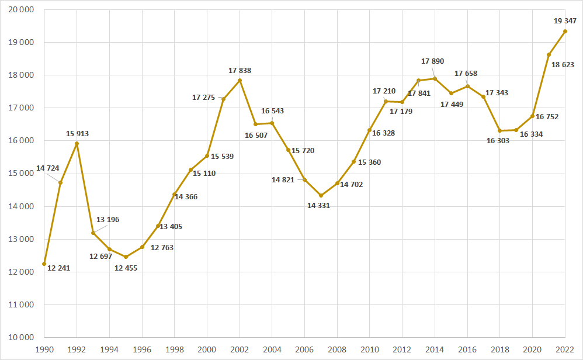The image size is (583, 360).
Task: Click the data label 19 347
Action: click(565, 21)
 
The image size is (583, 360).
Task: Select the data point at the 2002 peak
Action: click(240, 81)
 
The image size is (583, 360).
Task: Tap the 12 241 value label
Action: click(58, 268)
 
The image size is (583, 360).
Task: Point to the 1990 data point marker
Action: click(44, 264)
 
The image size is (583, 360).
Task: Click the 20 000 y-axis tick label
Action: click(19, 10)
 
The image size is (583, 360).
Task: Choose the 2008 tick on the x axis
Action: click(337, 349)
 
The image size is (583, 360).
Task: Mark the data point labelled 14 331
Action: click(321, 195)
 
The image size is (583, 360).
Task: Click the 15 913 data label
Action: click(77, 134)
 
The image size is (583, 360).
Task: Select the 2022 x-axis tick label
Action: click(565, 349)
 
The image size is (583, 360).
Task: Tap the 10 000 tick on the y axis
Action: click(19, 337)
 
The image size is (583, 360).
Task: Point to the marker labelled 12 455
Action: click(126, 257)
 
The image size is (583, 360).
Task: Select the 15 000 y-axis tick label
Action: click(19, 174)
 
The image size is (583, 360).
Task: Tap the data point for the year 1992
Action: click(77, 143)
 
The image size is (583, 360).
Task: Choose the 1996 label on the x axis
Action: click(142, 349)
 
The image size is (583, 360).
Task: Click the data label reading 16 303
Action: click(498, 140)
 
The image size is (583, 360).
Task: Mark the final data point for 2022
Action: click(565, 31)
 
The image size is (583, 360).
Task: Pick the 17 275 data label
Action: click(204, 97)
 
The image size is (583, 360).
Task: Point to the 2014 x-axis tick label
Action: click(435, 349)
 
